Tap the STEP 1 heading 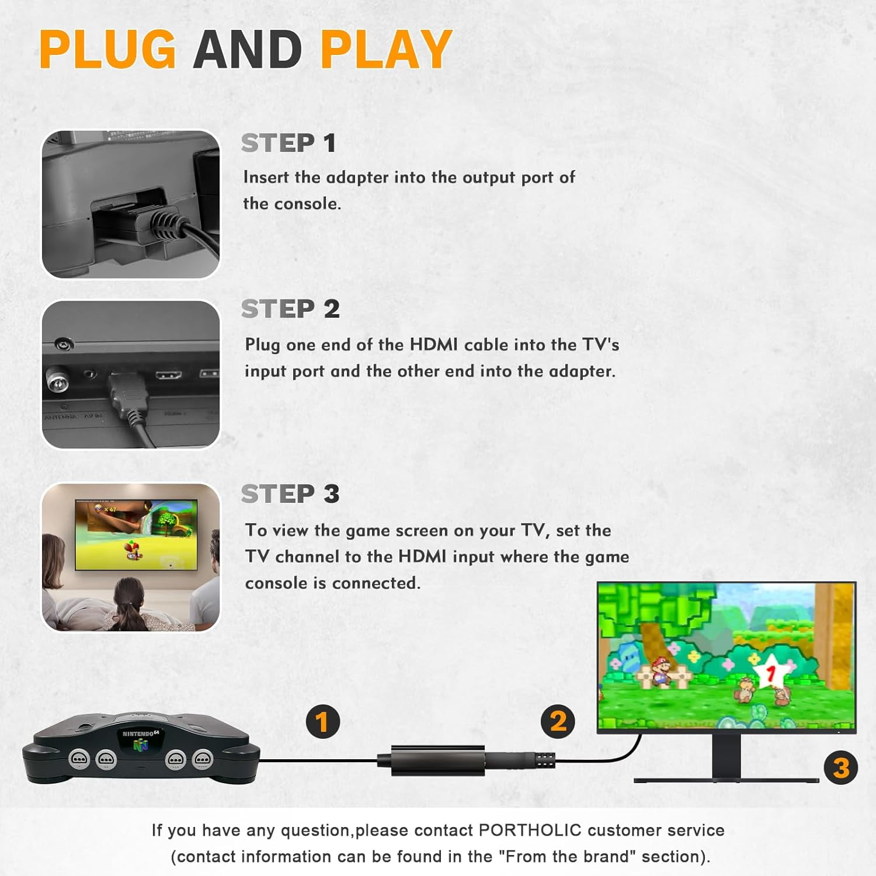288,143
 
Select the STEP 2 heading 290,309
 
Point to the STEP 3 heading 290,494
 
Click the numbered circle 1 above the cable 323,722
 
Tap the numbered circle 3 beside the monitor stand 840,767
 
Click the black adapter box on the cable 437,760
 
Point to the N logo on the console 140,745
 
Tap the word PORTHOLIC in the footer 530,830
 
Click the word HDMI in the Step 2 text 433,345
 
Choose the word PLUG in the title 107,49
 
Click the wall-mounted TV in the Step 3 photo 136,534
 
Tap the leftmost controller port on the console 79,759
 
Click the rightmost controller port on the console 203,759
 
